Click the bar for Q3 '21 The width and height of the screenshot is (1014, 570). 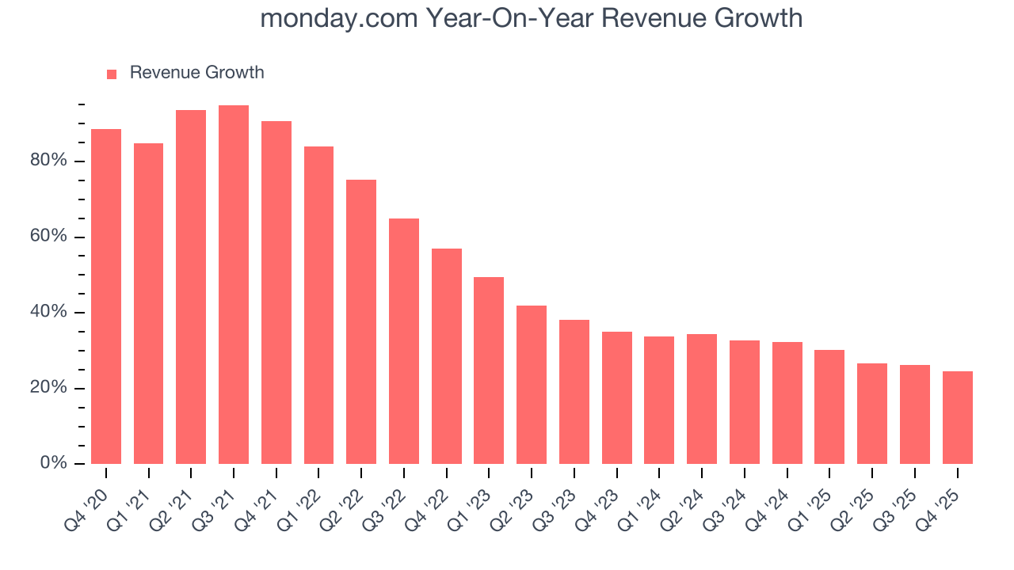pyautogui.click(x=234, y=285)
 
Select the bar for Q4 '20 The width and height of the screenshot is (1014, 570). pyautogui.click(x=106, y=297)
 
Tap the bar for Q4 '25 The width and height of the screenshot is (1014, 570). pyautogui.click(x=958, y=417)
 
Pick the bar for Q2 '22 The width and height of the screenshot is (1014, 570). pyautogui.click(x=361, y=321)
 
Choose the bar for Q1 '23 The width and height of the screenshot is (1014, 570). pyautogui.click(x=489, y=370)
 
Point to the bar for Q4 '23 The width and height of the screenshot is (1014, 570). pyautogui.click(x=617, y=397)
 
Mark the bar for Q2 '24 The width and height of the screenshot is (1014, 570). pyautogui.click(x=702, y=399)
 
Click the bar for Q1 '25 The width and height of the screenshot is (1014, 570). pyautogui.click(x=829, y=407)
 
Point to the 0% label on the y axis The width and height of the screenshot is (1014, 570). pyautogui.click(x=54, y=464)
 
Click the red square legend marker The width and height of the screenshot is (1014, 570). pyautogui.click(x=112, y=74)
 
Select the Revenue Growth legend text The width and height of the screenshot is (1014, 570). pyautogui.click(x=196, y=73)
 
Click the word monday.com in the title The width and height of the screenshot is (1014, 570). pyautogui.click(x=338, y=18)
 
